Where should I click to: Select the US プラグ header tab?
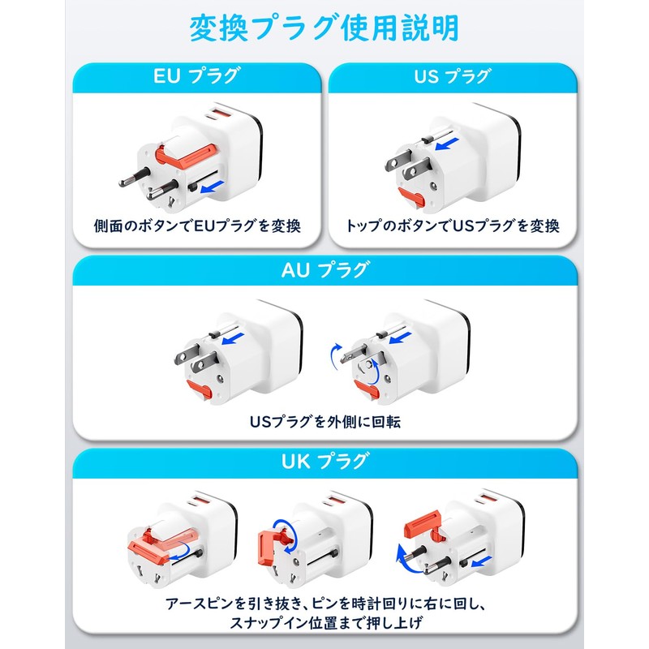coord(452,78)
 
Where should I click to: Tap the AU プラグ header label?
coord(324,271)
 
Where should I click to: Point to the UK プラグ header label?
coord(324,463)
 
